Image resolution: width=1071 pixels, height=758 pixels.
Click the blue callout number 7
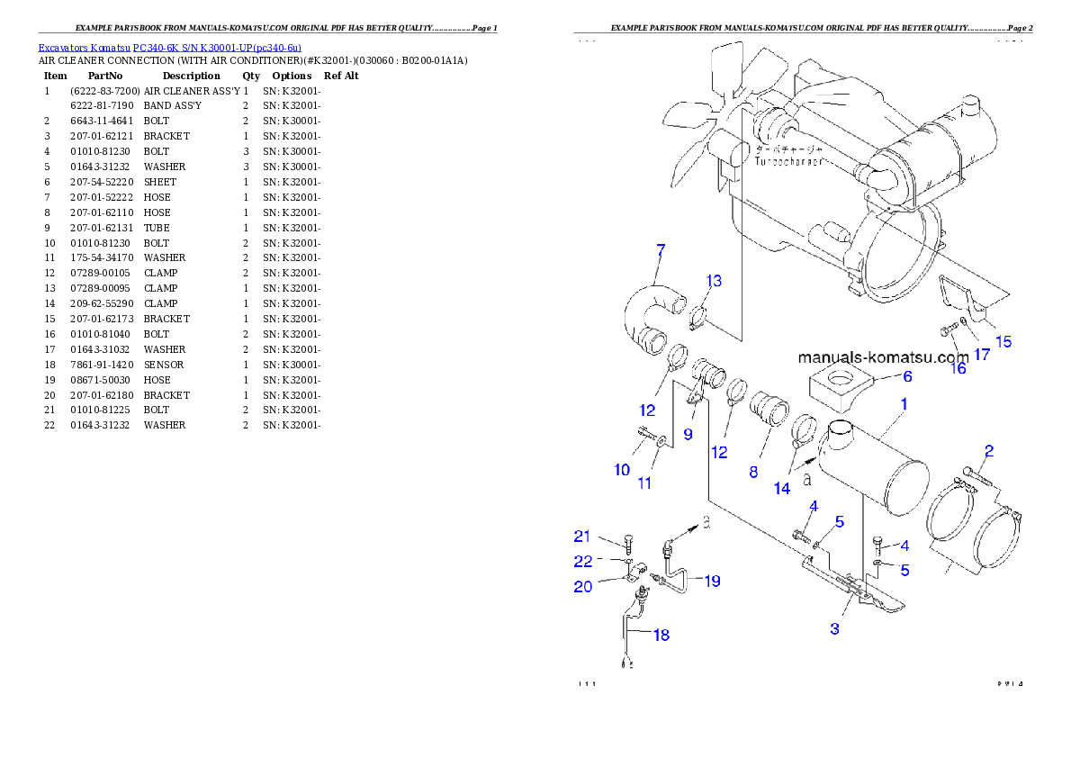tap(661, 249)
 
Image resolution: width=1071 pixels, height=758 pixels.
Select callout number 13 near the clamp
tap(714, 282)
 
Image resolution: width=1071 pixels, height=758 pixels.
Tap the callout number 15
tap(1003, 341)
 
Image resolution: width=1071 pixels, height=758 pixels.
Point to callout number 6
tap(907, 376)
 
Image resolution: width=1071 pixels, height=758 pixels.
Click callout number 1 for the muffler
tap(904, 405)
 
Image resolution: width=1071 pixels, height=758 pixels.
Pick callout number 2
tap(988, 450)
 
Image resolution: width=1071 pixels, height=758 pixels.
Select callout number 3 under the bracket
tap(834, 629)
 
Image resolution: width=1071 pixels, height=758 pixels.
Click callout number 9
tap(688, 434)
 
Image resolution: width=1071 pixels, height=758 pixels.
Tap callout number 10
tap(622, 470)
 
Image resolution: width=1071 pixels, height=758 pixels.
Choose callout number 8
tap(753, 471)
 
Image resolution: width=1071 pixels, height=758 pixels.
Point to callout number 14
tap(781, 488)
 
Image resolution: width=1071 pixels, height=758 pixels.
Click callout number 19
tap(712, 582)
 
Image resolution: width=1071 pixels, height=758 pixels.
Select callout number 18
tap(661, 636)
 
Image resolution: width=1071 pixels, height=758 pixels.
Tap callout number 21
tap(582, 537)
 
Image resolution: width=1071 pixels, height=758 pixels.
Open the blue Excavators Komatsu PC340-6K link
tap(169, 47)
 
